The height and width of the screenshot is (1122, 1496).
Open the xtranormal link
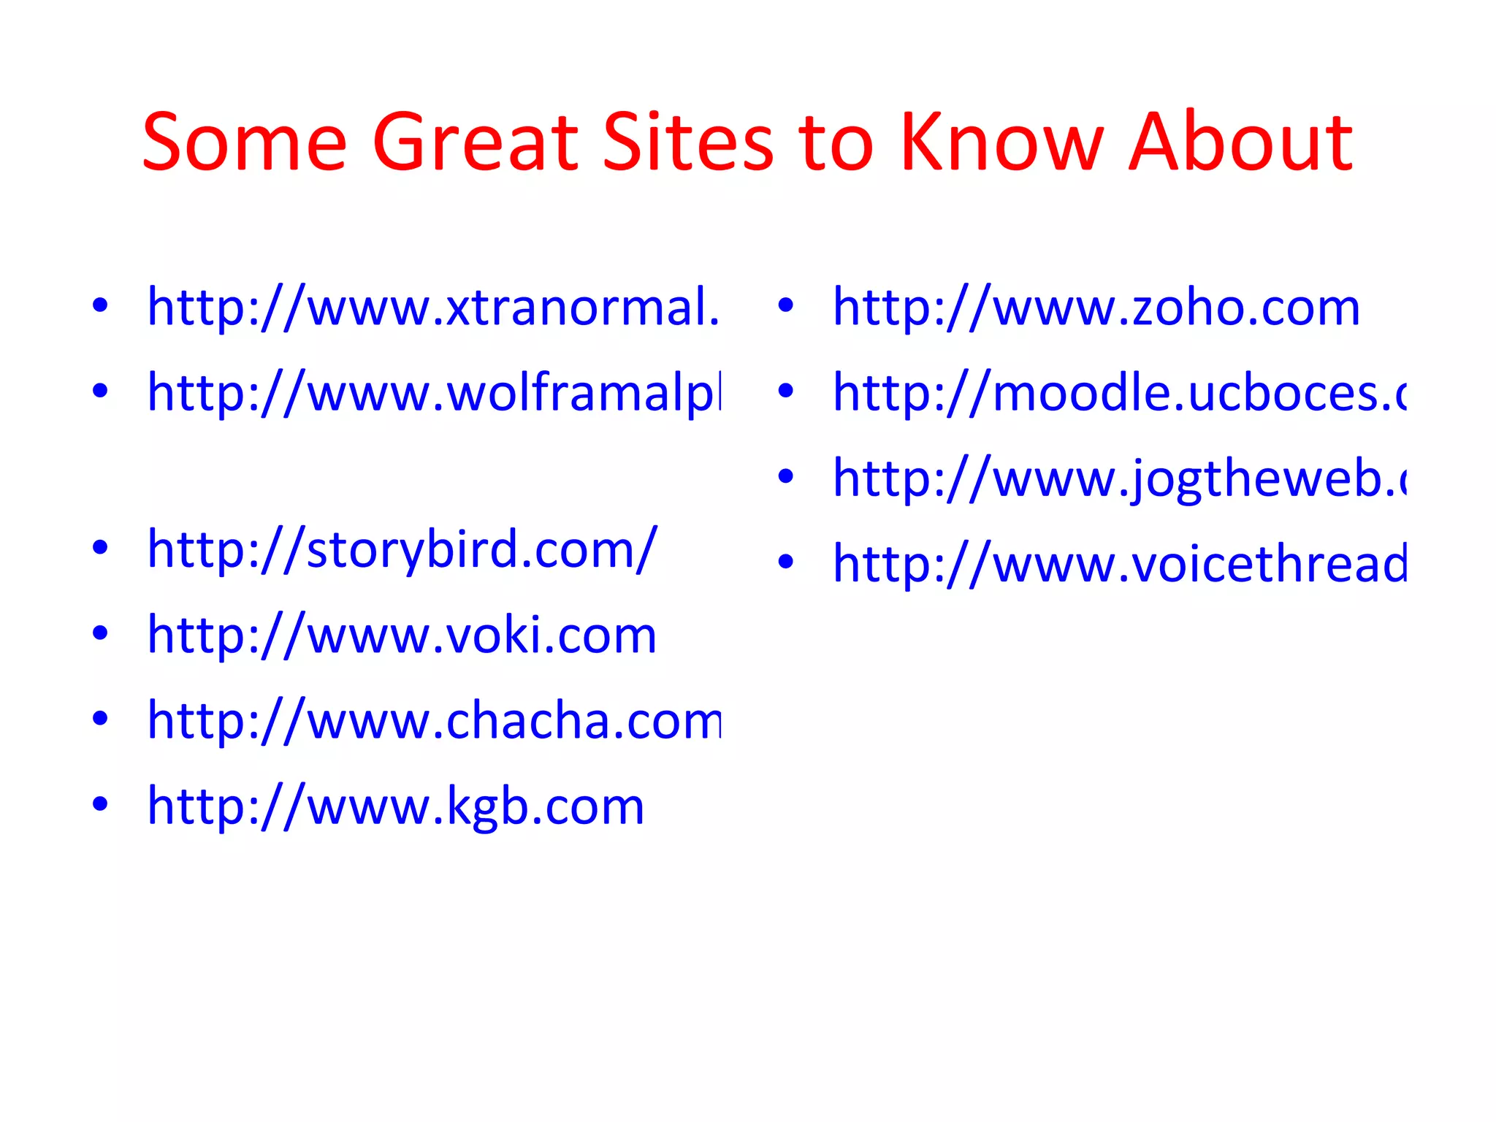(x=433, y=308)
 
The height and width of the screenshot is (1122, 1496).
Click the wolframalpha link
(x=433, y=393)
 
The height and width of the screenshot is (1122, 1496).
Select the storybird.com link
(x=402, y=549)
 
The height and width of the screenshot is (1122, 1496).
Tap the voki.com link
(x=402, y=635)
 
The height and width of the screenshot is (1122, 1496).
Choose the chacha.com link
(x=433, y=721)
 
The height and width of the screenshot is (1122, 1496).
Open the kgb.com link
(x=395, y=806)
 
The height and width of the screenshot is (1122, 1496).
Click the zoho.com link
(x=1096, y=308)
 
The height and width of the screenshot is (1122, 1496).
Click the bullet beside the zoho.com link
(x=785, y=306)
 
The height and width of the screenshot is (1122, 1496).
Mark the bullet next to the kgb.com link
(x=100, y=804)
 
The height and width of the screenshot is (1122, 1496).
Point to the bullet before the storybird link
(x=100, y=547)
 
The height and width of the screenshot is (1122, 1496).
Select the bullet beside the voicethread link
(x=785, y=562)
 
